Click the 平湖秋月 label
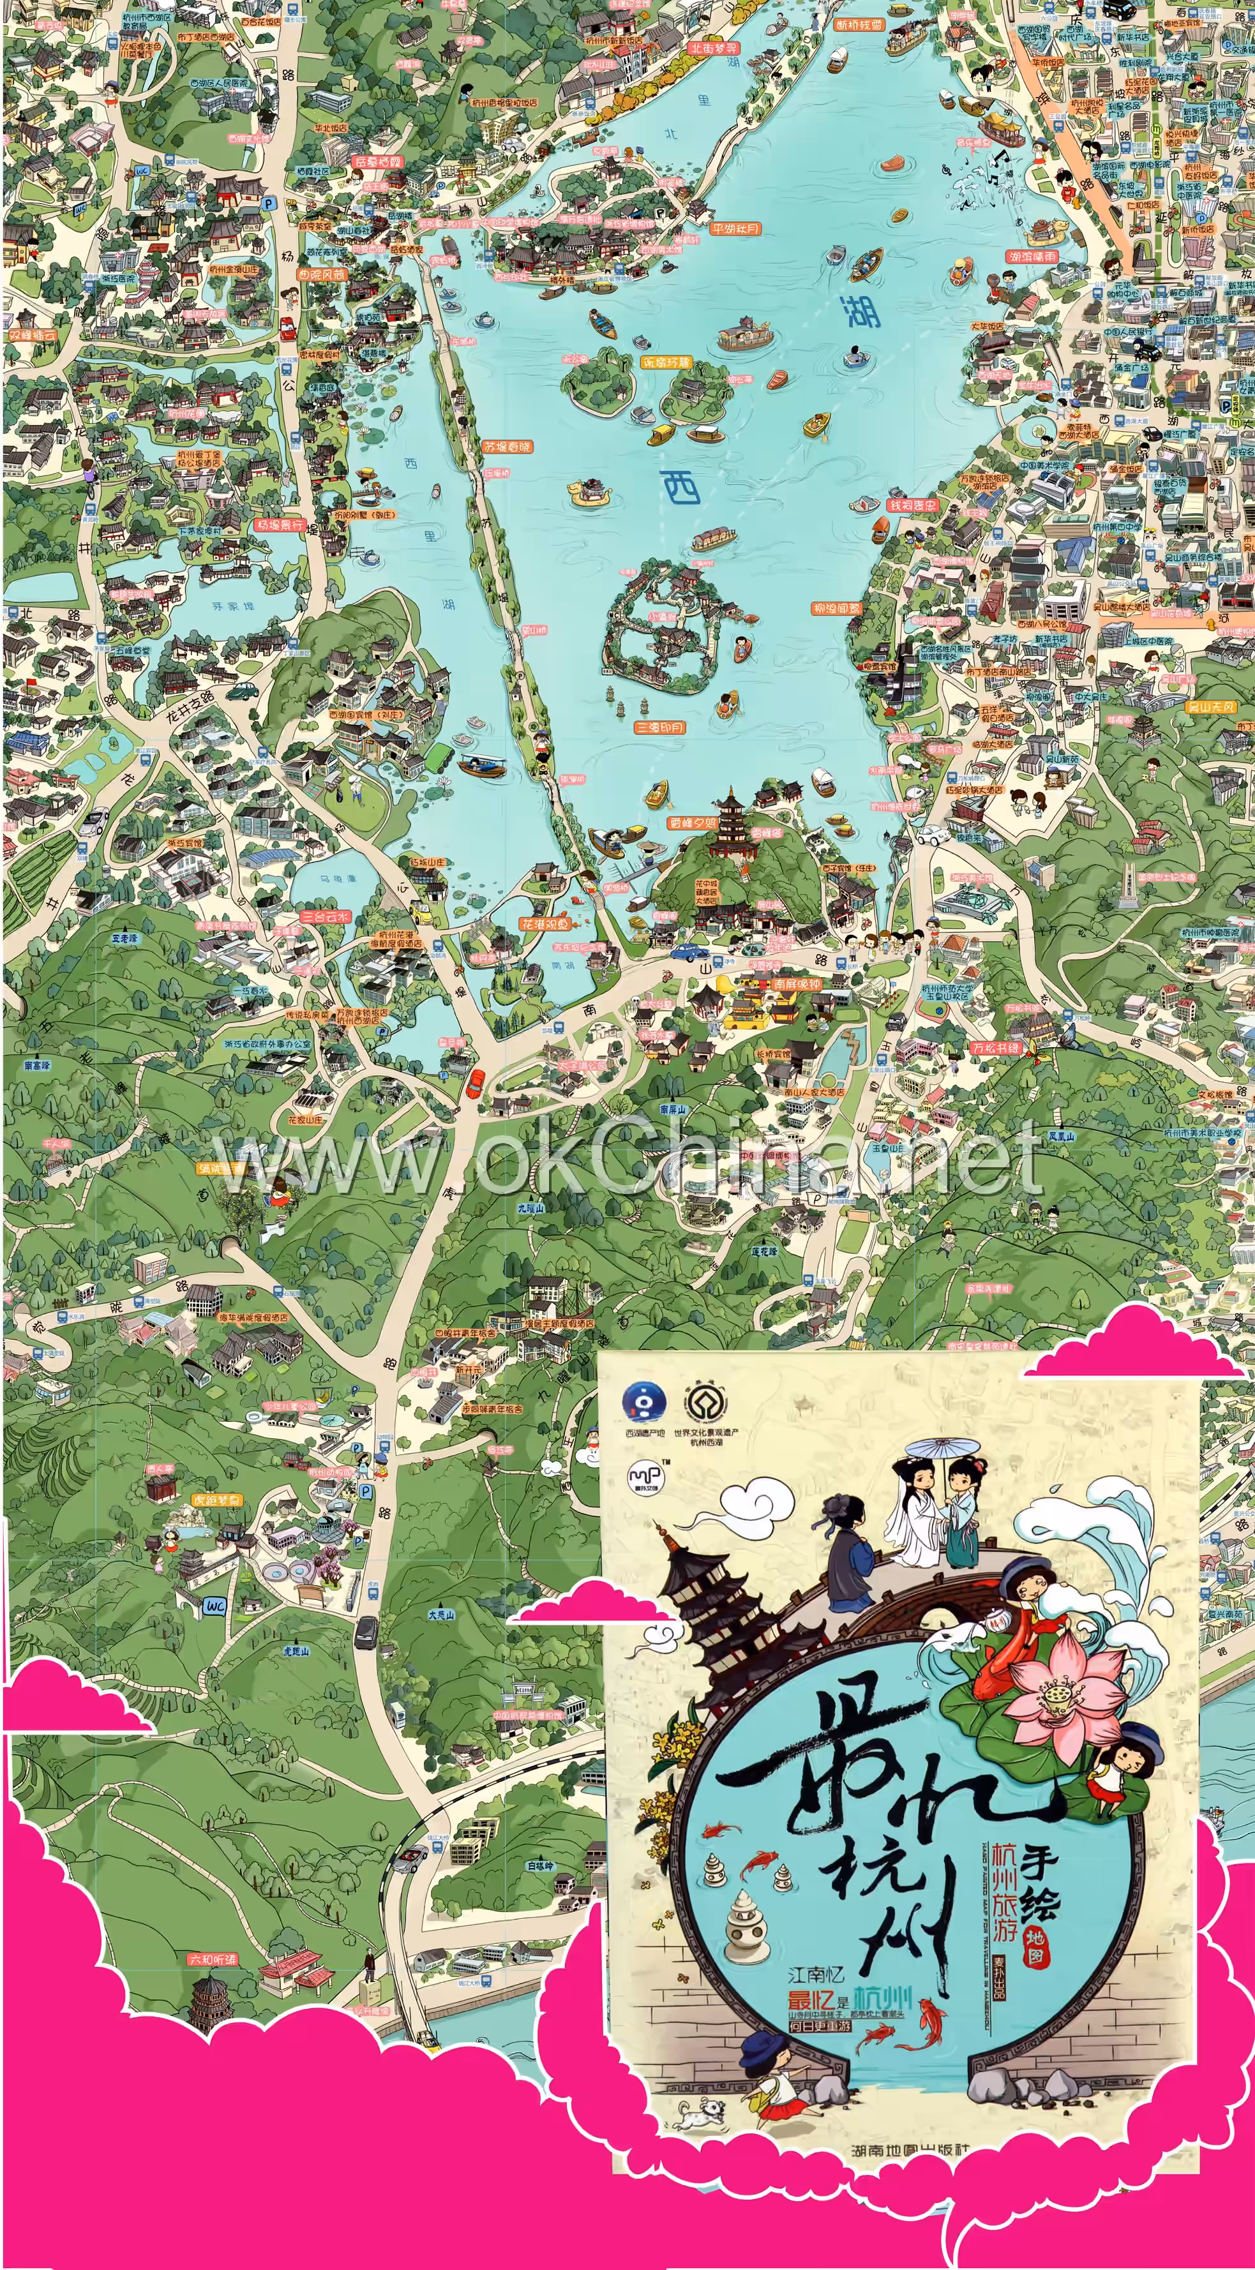click(735, 229)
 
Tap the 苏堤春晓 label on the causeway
click(507, 447)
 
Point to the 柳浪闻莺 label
click(836, 609)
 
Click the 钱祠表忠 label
click(912, 505)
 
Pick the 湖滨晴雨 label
click(1031, 257)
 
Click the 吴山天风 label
click(1210, 706)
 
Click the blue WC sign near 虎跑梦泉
click(214, 1606)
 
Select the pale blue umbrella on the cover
click(943, 1449)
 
